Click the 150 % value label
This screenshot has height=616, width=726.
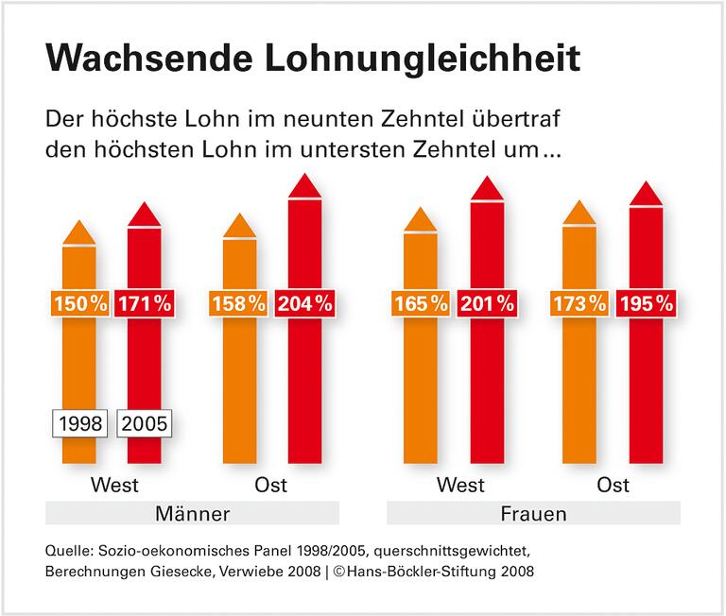click(x=79, y=304)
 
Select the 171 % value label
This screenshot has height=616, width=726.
click(x=145, y=304)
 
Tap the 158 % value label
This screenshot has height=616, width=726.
click(x=239, y=304)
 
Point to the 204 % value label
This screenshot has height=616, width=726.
click(x=304, y=304)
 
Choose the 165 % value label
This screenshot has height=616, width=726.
click(x=421, y=304)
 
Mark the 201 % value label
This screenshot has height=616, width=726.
click(x=487, y=304)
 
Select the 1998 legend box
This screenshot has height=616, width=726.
click(x=79, y=424)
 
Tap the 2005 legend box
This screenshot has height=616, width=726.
click(x=145, y=424)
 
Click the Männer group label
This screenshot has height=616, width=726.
click(x=192, y=514)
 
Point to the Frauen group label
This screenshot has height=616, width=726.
click(x=534, y=514)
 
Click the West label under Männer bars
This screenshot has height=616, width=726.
click(x=114, y=486)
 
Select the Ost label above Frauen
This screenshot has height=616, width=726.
click(x=614, y=486)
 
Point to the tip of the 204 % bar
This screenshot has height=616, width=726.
click(x=304, y=177)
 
